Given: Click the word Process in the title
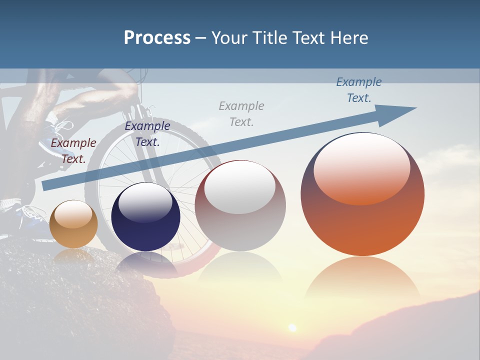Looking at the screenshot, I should [x=157, y=38].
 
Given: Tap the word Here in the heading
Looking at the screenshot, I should [x=349, y=38].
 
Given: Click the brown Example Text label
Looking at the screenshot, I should [x=73, y=151].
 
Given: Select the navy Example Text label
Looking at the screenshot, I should [x=147, y=134].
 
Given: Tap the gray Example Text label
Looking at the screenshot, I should [x=241, y=113].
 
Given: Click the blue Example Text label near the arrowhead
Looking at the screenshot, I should [x=358, y=90].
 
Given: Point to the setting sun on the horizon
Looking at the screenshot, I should [x=292, y=327].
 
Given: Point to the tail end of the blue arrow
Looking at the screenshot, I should [x=46, y=185].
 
